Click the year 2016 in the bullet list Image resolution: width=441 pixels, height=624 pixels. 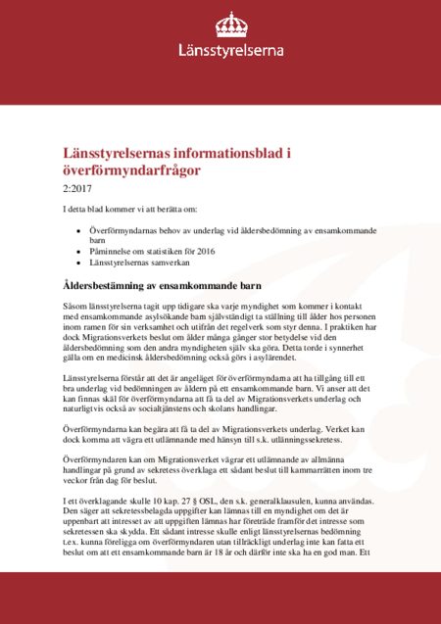204,251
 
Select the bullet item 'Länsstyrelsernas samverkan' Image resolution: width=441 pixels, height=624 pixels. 141,264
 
